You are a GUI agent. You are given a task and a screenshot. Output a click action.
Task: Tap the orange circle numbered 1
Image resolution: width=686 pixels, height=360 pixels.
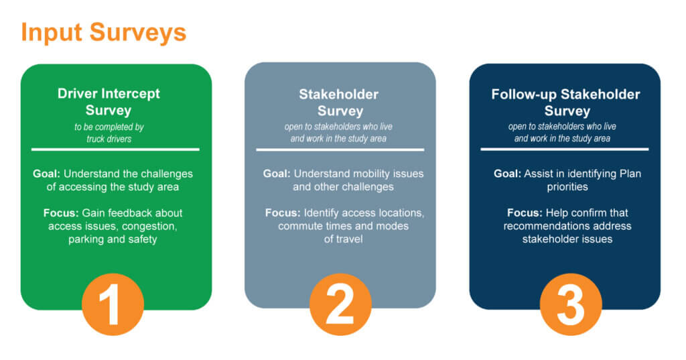[113, 304]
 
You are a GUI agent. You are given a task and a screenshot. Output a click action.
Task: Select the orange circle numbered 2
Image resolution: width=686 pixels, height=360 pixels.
[340, 304]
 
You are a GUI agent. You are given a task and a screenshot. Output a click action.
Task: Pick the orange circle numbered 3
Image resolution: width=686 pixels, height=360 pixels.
[571, 304]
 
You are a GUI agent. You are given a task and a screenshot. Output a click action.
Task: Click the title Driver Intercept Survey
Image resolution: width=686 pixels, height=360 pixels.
[109, 102]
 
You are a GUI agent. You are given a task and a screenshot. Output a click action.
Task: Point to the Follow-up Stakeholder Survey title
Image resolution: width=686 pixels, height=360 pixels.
[565, 103]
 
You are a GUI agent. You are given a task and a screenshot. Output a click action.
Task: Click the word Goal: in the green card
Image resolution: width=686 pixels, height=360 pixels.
[46, 174]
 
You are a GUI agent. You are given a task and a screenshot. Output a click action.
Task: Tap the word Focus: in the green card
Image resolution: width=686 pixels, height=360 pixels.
[61, 213]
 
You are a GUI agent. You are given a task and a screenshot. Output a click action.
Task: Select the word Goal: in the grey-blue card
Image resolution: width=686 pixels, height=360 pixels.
[277, 174]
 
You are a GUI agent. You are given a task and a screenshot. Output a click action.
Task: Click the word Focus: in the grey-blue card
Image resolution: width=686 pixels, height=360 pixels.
[283, 213]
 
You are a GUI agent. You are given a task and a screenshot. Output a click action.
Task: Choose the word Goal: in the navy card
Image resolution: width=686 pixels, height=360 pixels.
[508, 174]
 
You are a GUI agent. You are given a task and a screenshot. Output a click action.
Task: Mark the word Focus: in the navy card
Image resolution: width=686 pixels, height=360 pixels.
[525, 213]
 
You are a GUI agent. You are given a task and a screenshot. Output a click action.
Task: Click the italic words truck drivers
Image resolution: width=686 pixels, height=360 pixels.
[109, 139]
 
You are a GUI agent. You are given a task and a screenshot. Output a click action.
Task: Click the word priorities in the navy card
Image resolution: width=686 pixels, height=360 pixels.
[567, 187]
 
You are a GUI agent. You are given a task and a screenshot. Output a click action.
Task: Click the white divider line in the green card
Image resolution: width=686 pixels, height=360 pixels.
[115, 149]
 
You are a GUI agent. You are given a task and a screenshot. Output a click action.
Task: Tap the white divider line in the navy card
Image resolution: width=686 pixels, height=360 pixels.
[564, 149]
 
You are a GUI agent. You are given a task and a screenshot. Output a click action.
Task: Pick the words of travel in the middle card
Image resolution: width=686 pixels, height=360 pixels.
[344, 239]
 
